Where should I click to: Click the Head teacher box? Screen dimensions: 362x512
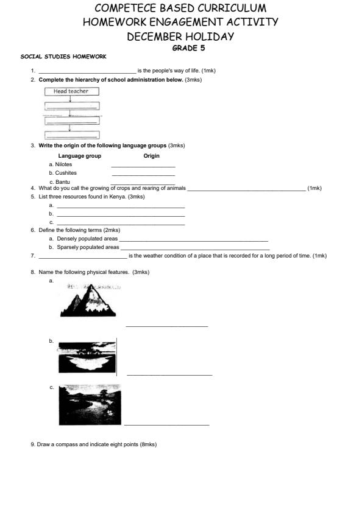pos(71,91)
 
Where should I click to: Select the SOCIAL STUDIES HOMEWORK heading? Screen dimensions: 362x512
pos(63,57)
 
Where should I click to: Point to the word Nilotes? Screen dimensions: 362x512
pos(63,164)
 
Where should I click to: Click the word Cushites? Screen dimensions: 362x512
pos(66,173)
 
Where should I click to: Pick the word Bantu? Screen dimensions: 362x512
pos(63,181)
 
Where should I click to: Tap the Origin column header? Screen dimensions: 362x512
pos(151,156)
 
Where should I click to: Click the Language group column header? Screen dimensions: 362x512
pos(79,156)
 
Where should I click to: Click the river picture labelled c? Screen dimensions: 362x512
pos(90,404)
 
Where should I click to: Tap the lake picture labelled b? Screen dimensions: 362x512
pos(87,357)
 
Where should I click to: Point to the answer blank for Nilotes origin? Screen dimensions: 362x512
pos(143,166)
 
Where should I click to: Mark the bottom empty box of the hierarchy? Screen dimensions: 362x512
pos(71,135)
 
